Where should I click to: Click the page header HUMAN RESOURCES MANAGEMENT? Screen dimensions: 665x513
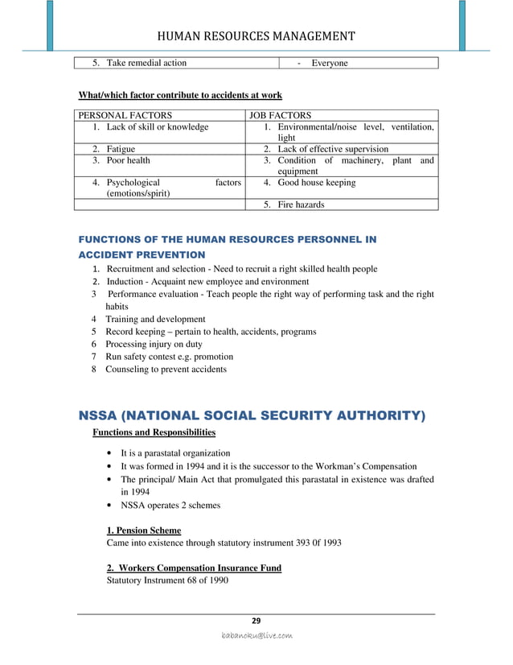(256, 36)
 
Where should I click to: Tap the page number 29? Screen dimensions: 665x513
(256, 620)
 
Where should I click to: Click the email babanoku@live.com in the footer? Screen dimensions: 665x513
(256, 636)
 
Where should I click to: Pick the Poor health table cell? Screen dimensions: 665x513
(128, 160)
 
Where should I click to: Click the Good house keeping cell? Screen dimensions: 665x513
(316, 183)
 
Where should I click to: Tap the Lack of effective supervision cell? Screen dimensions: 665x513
(332, 149)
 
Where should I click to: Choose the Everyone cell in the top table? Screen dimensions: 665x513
(330, 63)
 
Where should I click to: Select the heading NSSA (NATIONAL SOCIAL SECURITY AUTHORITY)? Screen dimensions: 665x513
(251, 415)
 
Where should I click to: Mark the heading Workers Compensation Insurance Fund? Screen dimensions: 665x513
(194, 568)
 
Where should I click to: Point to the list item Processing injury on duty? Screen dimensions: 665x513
(154, 344)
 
